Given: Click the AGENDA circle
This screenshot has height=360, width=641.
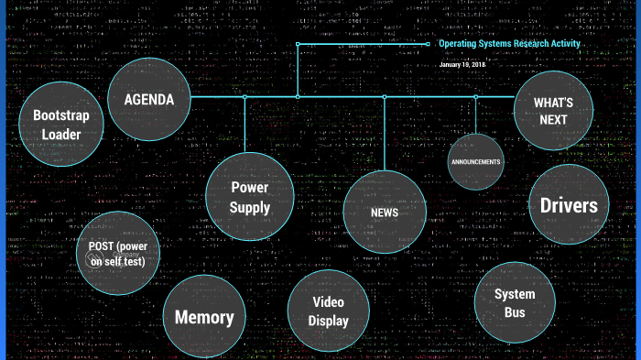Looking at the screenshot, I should [x=150, y=100].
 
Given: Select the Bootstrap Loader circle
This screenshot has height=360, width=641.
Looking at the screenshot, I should [x=60, y=125].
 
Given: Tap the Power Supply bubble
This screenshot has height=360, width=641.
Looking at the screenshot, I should [x=250, y=197].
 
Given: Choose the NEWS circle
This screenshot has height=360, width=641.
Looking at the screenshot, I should [x=385, y=212].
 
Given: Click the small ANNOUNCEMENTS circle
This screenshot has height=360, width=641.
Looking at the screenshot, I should [x=475, y=162].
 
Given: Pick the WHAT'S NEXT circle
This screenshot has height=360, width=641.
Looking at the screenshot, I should [x=553, y=111].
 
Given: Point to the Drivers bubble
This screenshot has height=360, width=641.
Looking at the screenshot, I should [x=569, y=205].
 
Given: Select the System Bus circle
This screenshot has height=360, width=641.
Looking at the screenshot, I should [x=515, y=304].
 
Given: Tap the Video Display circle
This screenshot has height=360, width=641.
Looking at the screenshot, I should [x=329, y=311].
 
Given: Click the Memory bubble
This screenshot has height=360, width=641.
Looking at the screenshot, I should [x=204, y=318].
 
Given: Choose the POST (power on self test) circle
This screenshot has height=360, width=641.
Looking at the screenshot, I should [x=117, y=253].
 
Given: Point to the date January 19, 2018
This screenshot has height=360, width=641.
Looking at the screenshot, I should [x=462, y=65].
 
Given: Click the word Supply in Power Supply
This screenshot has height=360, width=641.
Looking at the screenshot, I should [x=250, y=208].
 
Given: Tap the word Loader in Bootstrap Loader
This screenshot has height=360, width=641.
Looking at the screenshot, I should [x=60, y=135].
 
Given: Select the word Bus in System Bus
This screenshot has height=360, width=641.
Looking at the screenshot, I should [x=515, y=313].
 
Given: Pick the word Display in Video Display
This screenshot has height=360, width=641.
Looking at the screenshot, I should [x=329, y=322].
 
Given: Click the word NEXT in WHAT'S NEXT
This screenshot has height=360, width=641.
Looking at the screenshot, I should [x=553, y=120].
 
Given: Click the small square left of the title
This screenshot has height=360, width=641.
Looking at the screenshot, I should [x=428, y=43].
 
